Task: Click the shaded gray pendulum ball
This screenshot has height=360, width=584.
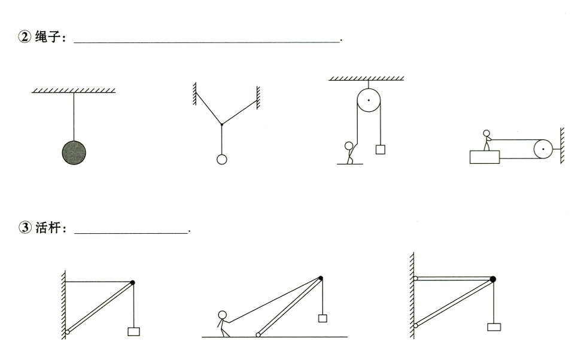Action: pos(74,152)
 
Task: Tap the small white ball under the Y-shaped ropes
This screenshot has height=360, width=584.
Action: pos(221,159)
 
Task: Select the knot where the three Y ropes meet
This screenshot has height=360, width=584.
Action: pos(221,124)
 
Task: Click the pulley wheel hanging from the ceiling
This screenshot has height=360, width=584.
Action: pos(369,100)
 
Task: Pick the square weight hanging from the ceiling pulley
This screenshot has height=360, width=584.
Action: pos(380,150)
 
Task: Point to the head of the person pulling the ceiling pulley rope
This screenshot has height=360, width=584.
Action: pos(349,145)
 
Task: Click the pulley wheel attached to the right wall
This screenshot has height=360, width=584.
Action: pos(543,149)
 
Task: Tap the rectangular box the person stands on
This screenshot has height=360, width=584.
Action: pos(485,157)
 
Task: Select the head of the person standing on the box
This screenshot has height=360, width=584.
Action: pos(486,133)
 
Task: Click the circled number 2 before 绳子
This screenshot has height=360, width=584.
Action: pos(25,37)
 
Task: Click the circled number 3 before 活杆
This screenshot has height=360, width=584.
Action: pos(25,227)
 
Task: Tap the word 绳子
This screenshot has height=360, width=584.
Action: pos(48,37)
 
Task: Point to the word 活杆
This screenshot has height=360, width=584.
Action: pos(48,227)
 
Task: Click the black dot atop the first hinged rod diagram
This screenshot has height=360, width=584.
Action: pos(132,283)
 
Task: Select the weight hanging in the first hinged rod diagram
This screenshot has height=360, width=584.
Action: pos(133,331)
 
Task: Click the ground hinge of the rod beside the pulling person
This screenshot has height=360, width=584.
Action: pos(258,335)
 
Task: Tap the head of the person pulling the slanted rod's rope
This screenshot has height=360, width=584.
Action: pos(223,315)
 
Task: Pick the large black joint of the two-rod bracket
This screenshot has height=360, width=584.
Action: pos(493,279)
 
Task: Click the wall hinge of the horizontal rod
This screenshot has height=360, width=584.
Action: pos(415,279)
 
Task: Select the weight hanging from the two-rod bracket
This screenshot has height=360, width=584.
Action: pos(494,327)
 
